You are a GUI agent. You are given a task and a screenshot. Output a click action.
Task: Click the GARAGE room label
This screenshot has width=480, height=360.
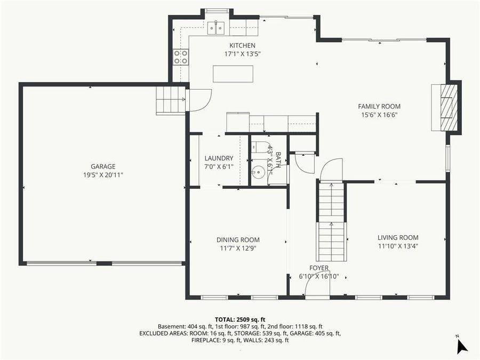point(103,166)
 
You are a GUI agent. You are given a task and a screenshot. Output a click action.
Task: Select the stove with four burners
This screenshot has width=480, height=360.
point(181,57)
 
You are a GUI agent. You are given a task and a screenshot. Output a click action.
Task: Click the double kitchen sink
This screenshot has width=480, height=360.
point(216,27)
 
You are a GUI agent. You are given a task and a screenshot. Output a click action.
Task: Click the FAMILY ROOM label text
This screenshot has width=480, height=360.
point(379,107)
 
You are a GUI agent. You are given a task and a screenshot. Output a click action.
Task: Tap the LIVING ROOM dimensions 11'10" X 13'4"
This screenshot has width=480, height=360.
point(398,246)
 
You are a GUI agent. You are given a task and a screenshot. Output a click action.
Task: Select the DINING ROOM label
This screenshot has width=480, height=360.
point(238,240)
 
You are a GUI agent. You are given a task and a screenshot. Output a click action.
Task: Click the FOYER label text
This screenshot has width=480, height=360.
point(319,268)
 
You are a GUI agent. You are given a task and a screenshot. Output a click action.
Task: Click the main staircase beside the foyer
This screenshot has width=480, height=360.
point(332,221)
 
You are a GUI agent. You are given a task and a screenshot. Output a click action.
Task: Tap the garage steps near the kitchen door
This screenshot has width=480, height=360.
point(170,100)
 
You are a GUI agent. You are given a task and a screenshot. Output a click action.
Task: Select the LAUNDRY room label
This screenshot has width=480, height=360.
point(219,158)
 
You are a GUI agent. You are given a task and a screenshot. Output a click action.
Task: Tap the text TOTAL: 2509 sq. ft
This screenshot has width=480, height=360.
point(240,318)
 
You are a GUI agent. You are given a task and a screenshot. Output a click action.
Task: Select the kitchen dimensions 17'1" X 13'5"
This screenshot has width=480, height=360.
point(242,54)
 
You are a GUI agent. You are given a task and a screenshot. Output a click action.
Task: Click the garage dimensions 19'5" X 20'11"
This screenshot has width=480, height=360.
point(103,175)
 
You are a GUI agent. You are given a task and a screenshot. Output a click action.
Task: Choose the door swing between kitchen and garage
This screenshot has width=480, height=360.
point(198,100)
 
